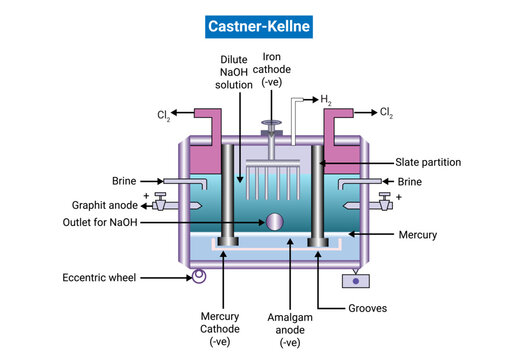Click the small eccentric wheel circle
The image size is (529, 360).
pos(198,276)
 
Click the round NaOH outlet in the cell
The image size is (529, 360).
pos(272,222)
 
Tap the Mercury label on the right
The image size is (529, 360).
pos(417,237)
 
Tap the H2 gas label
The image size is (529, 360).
pos(325,100)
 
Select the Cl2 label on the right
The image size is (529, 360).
pos(387,113)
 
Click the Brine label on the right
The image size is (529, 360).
pos(409,183)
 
